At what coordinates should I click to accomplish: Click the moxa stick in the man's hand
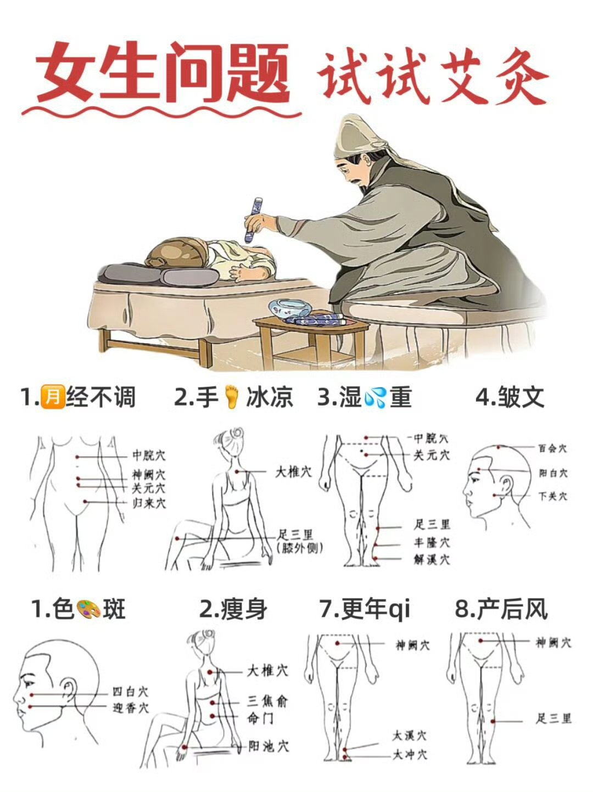(253, 220)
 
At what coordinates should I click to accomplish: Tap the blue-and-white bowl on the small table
(290, 309)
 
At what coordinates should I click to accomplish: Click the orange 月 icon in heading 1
(53, 397)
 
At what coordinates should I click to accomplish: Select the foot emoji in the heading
(232, 397)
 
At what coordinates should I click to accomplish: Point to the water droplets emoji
(375, 397)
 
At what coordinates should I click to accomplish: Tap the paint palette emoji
(88, 609)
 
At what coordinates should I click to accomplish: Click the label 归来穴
(149, 503)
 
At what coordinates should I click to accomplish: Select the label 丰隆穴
(432, 543)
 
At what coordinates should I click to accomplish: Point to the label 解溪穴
(432, 559)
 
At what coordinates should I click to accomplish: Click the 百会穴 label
(553, 448)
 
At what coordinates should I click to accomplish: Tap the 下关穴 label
(553, 497)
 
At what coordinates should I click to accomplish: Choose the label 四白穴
(130, 692)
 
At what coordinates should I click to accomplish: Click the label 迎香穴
(130, 708)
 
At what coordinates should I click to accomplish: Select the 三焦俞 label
(267, 702)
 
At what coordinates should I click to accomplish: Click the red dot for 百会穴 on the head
(499, 447)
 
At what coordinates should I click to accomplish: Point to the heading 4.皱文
(510, 397)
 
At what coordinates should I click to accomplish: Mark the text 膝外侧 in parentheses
(300, 548)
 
